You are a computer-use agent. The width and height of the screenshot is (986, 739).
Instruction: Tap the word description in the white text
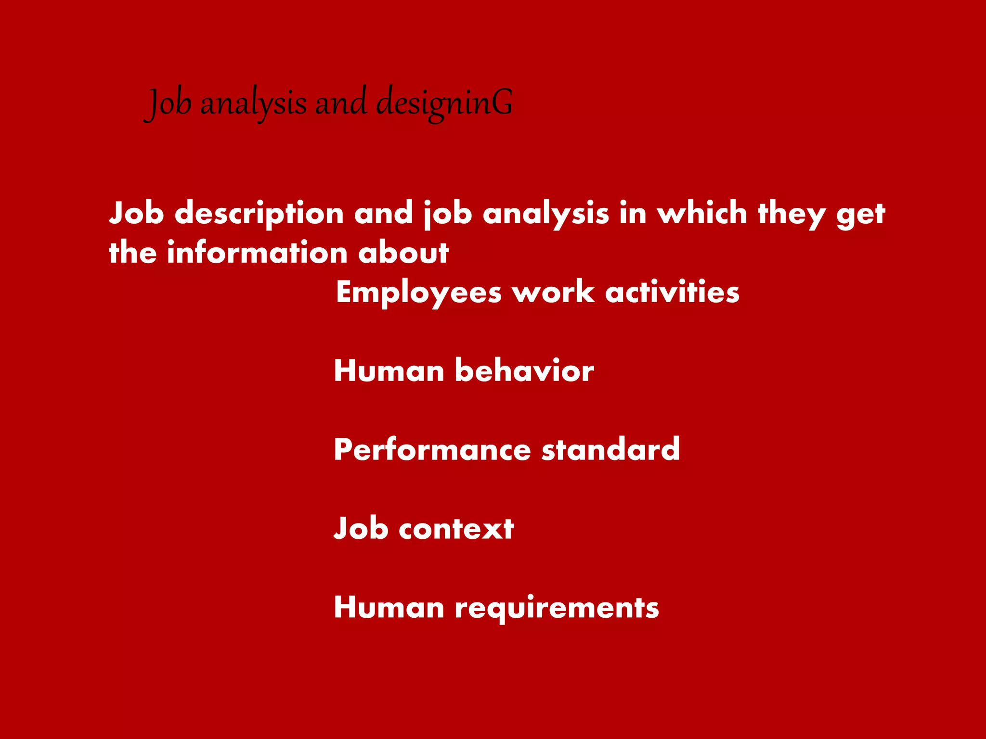click(x=259, y=214)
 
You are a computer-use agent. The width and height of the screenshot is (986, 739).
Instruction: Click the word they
click(x=791, y=214)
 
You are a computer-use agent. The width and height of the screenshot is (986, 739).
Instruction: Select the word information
click(x=257, y=253)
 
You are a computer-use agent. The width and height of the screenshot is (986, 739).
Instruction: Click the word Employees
click(x=419, y=293)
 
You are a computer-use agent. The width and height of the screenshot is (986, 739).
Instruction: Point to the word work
click(x=553, y=292)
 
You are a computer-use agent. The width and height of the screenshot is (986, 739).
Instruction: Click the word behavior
click(x=524, y=370)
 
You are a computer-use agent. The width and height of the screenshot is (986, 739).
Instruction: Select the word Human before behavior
click(x=389, y=371)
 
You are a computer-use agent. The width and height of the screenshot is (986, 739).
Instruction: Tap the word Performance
click(x=432, y=450)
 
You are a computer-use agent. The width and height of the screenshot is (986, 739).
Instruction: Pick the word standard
click(x=610, y=449)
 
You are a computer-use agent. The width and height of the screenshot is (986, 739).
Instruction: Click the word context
click(x=456, y=529)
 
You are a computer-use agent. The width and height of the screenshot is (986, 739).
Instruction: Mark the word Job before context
click(x=361, y=528)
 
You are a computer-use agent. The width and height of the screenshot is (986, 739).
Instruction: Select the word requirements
click(x=557, y=608)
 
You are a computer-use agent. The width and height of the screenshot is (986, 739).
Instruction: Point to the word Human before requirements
click(x=389, y=607)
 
